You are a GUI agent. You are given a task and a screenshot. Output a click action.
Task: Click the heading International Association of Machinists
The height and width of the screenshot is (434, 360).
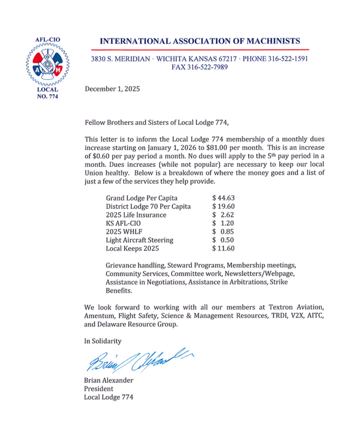click(x=200, y=41)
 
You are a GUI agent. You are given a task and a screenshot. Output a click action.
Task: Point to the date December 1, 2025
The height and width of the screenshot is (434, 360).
click(x=112, y=89)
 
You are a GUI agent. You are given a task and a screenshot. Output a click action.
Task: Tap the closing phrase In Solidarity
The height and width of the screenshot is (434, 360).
click(x=103, y=341)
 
